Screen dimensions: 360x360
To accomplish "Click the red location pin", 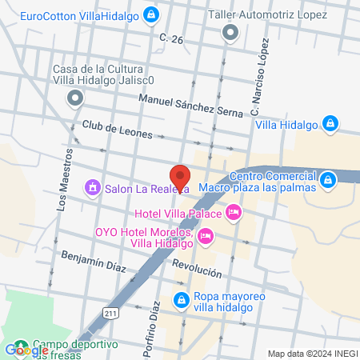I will (x=180, y=177).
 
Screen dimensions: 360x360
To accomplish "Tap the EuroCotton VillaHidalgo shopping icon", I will (x=151, y=14).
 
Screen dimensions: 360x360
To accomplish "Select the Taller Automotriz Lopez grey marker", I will (x=230, y=33).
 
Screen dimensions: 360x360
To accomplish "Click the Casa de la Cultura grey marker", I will (x=75, y=98).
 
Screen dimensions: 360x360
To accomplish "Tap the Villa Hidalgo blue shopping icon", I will (x=330, y=123).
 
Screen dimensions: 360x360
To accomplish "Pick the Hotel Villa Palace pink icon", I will (x=234, y=212).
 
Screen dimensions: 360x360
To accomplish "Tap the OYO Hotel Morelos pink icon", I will (x=206, y=235).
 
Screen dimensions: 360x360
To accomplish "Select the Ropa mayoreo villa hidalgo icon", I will (x=181, y=302).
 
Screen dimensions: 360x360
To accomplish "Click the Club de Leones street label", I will (x=117, y=130).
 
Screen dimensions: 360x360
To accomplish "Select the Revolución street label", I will (x=197, y=269).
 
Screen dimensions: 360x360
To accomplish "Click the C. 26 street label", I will (x=171, y=38).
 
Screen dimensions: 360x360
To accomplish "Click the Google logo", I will (x=26, y=350).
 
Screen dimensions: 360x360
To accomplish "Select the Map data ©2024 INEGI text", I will (x=311, y=354).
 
